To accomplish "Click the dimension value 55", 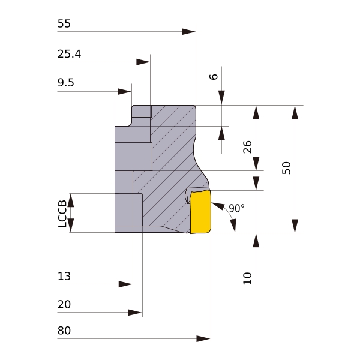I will [64, 24].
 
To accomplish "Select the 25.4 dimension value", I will [69, 54].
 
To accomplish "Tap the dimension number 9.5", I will [66, 83].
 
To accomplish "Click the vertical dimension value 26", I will [247, 146].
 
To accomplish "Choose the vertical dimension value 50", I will [286, 168].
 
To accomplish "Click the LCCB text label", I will [62, 214].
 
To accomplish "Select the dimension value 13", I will [64, 276].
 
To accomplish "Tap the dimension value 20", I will [64, 305].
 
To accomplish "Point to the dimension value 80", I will [64, 331].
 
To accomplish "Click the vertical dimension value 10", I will [247, 277].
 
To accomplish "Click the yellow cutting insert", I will [201, 212].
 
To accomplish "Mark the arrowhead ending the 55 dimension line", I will [189, 31].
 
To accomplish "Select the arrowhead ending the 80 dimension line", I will [203, 339].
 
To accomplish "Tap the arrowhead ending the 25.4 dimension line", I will [143, 62].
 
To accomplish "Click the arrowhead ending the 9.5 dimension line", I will [124, 91].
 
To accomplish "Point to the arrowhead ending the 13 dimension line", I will [125, 284].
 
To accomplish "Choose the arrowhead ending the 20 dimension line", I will [135, 313].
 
